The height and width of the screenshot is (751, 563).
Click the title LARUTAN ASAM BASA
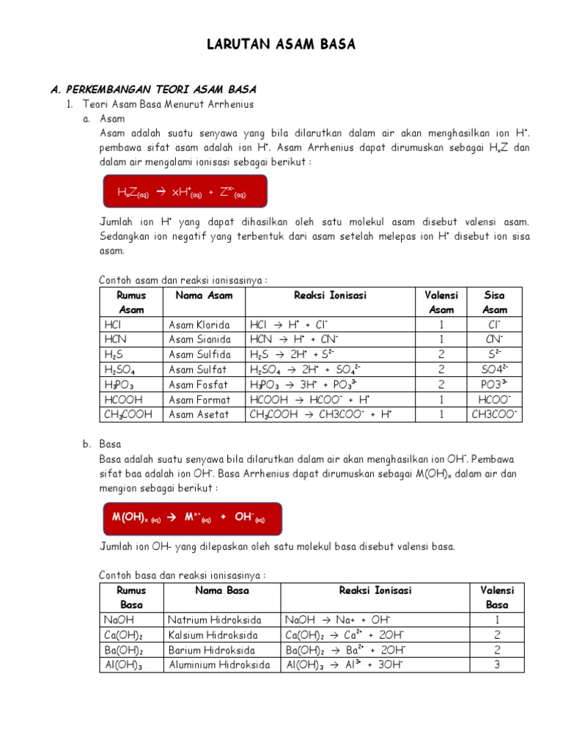281,45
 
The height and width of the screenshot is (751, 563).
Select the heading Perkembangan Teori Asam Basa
153,89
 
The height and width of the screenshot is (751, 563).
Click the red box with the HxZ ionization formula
183,192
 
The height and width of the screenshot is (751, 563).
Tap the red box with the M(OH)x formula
190,518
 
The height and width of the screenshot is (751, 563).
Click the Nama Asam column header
204,296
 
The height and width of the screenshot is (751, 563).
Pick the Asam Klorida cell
199,325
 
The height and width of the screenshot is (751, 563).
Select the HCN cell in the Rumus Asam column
116,340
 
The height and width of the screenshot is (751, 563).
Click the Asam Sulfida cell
199,355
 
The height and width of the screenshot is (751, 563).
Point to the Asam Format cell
199,400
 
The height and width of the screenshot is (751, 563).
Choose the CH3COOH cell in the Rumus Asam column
129,414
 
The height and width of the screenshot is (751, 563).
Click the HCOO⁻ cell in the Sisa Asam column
495,400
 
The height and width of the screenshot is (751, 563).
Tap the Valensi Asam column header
441,302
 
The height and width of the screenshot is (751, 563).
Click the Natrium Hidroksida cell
214,620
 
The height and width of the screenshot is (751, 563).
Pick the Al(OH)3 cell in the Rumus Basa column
124,665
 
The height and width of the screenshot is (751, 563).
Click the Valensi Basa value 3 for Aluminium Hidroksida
497,665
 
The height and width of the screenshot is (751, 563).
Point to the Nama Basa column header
222,590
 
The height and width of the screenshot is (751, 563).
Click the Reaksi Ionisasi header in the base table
375,590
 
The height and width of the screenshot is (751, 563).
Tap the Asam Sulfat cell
198,370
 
